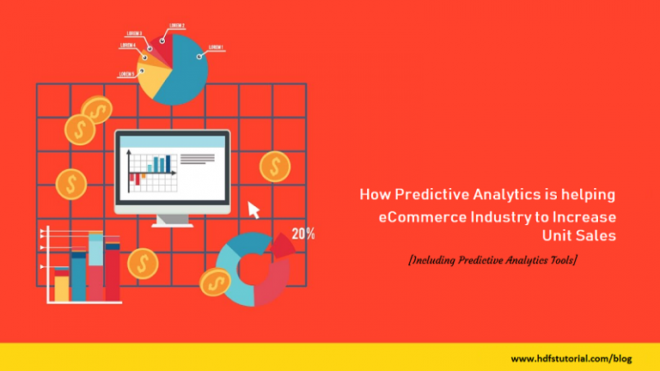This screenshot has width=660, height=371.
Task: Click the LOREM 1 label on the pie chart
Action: coord(216,46)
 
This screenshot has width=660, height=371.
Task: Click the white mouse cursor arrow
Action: coord(254,210)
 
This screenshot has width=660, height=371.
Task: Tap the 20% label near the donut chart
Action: coord(302,234)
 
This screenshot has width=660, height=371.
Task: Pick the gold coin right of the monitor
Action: coord(274,166)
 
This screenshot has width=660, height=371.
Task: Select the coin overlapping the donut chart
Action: coord(215,282)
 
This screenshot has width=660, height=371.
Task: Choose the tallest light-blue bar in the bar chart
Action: coord(95,266)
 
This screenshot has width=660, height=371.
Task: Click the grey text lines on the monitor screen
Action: coord(198,159)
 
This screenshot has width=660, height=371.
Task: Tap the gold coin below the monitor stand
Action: coord(143,263)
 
